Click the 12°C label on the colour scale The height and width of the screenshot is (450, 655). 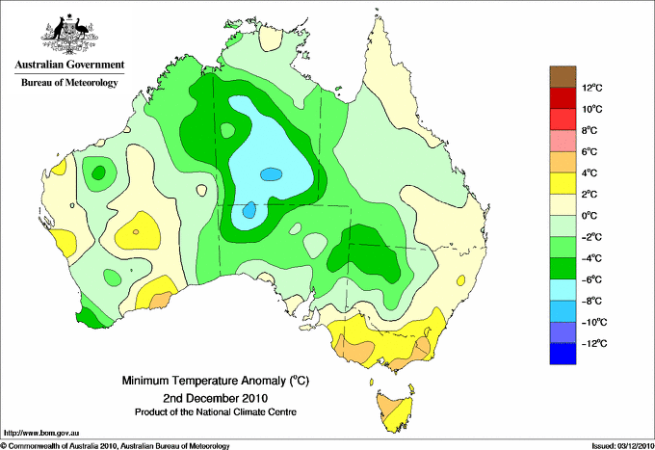click(x=592, y=88)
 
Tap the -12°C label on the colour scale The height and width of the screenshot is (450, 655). click(x=594, y=343)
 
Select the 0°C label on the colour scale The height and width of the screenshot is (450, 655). click(x=589, y=216)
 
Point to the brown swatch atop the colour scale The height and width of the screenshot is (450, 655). click(x=563, y=76)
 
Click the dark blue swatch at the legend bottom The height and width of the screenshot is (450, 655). click(x=563, y=354)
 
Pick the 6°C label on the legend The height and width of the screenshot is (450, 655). click(x=589, y=151)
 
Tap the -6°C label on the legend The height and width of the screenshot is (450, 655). click(x=592, y=279)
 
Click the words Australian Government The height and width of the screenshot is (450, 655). click(x=69, y=65)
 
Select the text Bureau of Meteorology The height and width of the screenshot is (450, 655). click(x=69, y=82)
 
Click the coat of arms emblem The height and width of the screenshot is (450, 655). click(x=69, y=34)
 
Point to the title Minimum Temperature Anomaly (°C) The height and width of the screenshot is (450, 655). click(x=216, y=381)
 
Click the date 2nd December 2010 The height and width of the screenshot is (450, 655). click(x=216, y=398)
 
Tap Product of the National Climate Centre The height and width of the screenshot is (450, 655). click(x=216, y=412)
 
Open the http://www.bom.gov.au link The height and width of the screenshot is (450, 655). click(x=41, y=434)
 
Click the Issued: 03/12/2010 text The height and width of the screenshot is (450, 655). click(x=622, y=446)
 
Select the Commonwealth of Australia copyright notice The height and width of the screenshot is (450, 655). click(x=115, y=446)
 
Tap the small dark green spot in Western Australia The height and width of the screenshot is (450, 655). click(x=98, y=172)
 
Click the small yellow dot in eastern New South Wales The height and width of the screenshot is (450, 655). click(x=460, y=280)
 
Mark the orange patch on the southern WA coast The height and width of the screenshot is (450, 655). click(x=161, y=300)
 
